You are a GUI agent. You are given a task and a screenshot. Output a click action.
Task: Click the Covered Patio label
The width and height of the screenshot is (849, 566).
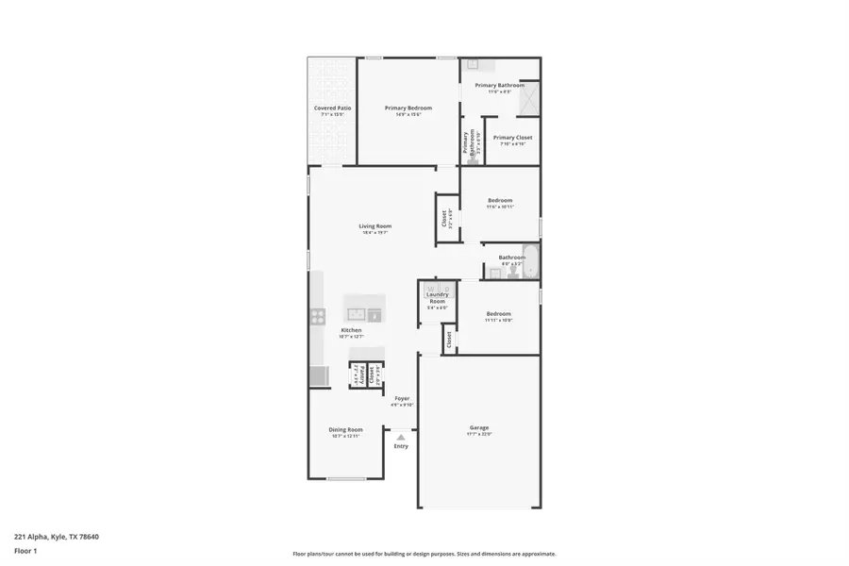(332, 108)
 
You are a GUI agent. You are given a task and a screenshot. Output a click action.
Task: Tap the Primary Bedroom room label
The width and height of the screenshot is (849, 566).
(408, 108)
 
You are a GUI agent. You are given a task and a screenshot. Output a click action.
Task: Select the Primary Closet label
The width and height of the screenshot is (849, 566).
(512, 138)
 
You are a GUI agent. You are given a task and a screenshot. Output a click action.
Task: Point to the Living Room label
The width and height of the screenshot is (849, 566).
(375, 226)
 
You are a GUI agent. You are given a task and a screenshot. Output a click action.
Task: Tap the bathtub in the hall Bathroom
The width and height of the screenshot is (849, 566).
(531, 262)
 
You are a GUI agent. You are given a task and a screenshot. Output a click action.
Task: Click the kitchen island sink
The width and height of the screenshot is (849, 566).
(358, 314)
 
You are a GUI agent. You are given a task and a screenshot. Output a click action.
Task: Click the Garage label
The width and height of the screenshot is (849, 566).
(478, 427)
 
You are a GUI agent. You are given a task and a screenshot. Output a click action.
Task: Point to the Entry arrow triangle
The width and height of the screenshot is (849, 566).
(401, 438)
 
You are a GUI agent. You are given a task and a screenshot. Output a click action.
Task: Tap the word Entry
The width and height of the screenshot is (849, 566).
(401, 446)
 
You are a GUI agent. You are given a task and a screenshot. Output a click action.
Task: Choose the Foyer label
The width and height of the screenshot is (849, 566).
(402, 399)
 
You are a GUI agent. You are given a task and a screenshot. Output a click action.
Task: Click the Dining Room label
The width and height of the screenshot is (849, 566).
(346, 429)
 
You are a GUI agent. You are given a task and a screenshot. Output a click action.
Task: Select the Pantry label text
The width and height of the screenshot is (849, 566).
(359, 375)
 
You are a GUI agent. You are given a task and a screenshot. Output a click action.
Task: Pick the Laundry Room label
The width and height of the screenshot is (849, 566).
(437, 297)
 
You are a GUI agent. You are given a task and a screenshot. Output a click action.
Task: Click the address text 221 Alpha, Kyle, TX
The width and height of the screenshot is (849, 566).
(56, 537)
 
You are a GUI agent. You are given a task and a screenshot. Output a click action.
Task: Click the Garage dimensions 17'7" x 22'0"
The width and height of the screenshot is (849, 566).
(478, 435)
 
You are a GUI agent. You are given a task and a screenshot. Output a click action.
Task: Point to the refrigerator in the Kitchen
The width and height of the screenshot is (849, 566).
(318, 376)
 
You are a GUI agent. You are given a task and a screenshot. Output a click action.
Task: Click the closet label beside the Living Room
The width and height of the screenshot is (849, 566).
(444, 218)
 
